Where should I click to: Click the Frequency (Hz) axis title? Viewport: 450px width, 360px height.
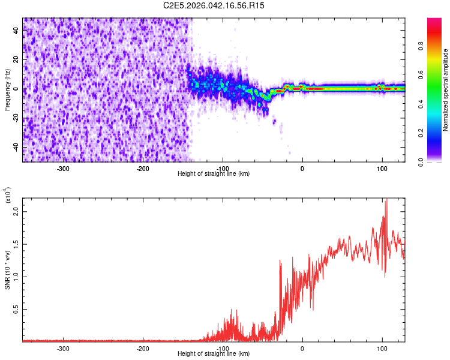click(x=7, y=89)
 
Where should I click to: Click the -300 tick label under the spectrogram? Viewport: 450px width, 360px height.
click(x=64, y=169)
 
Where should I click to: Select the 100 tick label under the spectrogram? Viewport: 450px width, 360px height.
click(x=382, y=169)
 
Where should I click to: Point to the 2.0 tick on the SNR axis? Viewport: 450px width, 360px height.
click(x=17, y=212)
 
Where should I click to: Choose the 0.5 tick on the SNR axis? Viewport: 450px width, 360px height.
click(x=17, y=308)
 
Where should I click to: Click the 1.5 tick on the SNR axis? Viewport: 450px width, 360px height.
click(x=17, y=244)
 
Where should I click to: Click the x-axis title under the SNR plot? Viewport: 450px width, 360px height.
click(x=214, y=354)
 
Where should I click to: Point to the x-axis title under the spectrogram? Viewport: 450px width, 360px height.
click(x=214, y=174)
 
